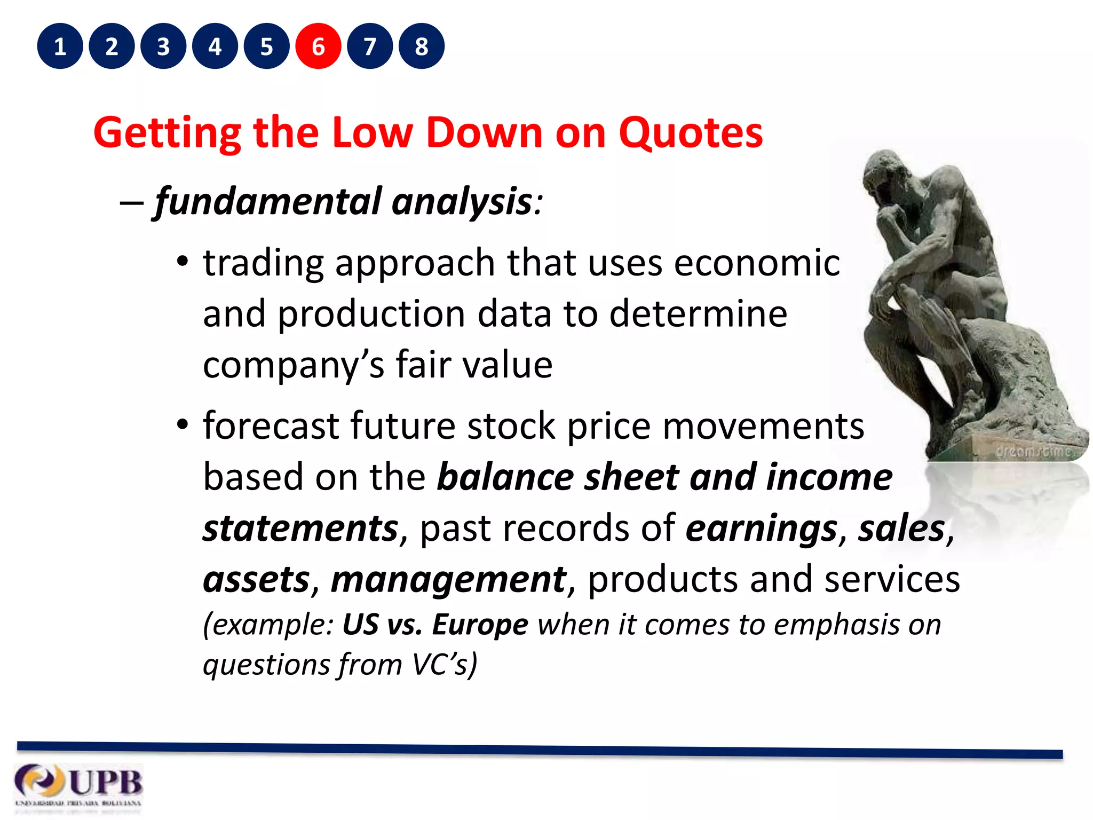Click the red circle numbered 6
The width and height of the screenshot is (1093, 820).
tap(318, 46)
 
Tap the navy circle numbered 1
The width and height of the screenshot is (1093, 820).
tap(60, 46)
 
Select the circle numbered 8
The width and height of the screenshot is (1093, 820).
tap(421, 46)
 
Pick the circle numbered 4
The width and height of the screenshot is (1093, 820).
tap(215, 46)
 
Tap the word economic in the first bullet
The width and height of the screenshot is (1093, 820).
tap(757, 263)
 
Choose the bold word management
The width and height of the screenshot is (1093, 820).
tap(448, 580)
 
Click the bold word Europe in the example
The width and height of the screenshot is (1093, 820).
tap(480, 624)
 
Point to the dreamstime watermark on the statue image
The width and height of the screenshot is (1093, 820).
tap(1033, 451)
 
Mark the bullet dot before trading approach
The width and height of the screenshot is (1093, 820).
tap(183, 262)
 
